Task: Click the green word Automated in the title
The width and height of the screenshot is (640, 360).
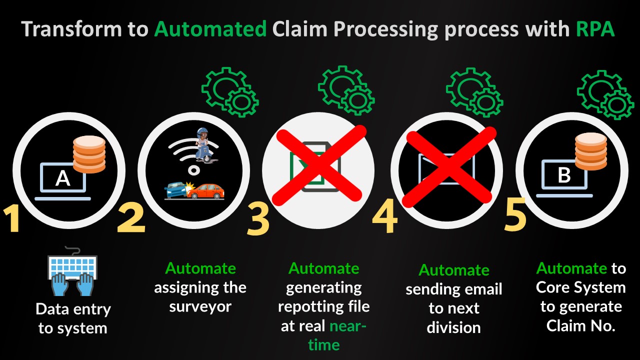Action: click(x=210, y=29)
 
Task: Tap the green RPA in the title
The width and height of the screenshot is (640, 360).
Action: click(x=595, y=29)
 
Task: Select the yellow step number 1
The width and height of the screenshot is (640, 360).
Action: click(x=12, y=218)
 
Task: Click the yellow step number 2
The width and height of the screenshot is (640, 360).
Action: click(x=131, y=217)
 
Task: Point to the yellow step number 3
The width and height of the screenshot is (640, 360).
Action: click(x=258, y=218)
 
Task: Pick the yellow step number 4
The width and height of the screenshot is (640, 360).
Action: click(x=385, y=215)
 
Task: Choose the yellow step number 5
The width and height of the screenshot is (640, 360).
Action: click(x=515, y=213)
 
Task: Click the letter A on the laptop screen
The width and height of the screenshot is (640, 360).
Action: click(x=63, y=178)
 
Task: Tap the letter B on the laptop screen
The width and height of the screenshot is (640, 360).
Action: click(x=564, y=174)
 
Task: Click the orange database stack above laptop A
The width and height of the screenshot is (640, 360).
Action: click(x=89, y=154)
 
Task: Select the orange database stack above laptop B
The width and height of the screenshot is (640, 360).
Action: click(x=591, y=151)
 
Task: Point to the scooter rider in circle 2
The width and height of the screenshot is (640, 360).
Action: click(x=203, y=145)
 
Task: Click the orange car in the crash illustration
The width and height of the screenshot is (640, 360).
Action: click(x=205, y=191)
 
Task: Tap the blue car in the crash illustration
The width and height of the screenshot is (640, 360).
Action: click(x=175, y=189)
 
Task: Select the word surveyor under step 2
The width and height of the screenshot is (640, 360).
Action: click(x=200, y=307)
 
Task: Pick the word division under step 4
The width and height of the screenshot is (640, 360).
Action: click(x=453, y=327)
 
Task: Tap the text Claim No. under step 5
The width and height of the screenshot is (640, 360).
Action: click(x=581, y=325)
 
